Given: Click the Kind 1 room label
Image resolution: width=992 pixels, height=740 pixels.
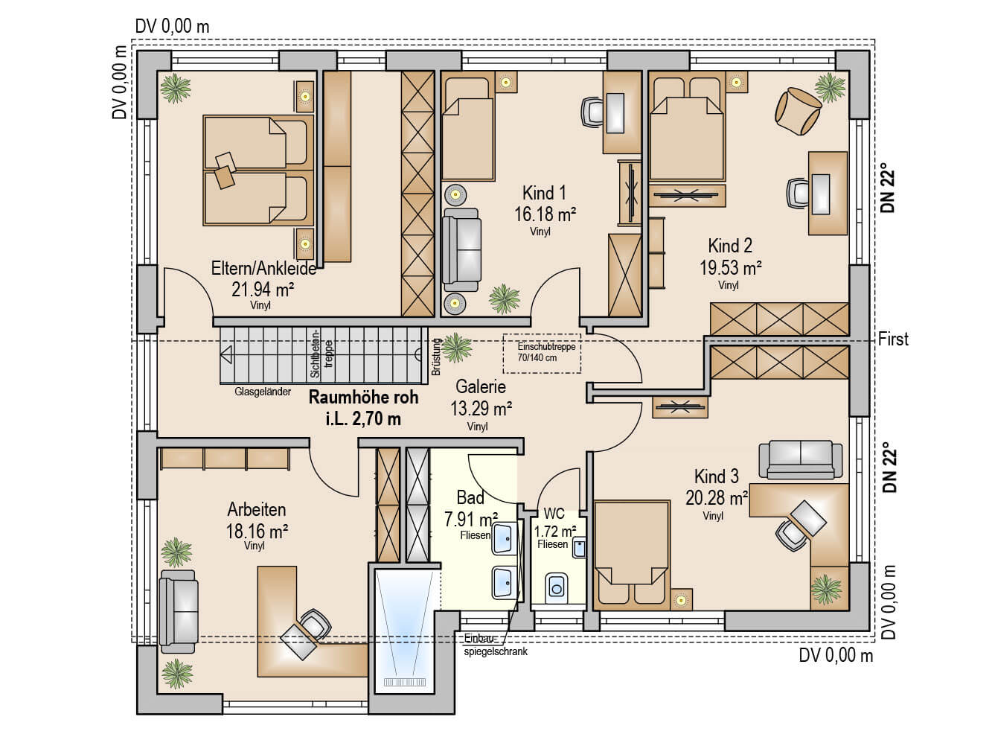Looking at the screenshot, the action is (x=544, y=193).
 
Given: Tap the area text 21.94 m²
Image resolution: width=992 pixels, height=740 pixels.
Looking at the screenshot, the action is (x=263, y=289).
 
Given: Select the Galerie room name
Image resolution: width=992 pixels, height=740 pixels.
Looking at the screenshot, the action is (x=481, y=386).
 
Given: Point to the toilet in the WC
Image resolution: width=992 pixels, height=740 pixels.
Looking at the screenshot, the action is (x=557, y=588).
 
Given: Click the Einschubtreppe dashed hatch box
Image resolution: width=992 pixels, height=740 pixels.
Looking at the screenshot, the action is (x=542, y=354).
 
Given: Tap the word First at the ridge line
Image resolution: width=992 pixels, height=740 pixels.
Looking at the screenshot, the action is (x=893, y=339).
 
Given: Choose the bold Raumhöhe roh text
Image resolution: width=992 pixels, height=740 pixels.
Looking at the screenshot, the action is (x=363, y=398).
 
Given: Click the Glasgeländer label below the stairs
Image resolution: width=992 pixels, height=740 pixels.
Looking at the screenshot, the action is (x=263, y=392).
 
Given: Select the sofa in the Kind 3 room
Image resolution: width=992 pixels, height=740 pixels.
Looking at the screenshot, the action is (x=801, y=459).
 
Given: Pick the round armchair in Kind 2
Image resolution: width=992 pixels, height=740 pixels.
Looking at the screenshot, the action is (x=798, y=111).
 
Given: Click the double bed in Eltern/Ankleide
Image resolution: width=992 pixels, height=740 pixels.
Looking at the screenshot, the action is (x=258, y=170).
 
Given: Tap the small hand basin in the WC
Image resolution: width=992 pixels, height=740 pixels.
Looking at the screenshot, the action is (x=579, y=548).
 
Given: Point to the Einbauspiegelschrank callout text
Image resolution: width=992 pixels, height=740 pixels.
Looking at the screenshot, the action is (x=496, y=645).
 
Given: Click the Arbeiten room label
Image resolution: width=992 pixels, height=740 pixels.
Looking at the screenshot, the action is (x=257, y=509).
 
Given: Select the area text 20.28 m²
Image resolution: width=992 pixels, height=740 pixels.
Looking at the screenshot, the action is (x=717, y=498).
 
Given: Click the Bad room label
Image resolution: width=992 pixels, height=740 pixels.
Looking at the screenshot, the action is (x=470, y=497).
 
